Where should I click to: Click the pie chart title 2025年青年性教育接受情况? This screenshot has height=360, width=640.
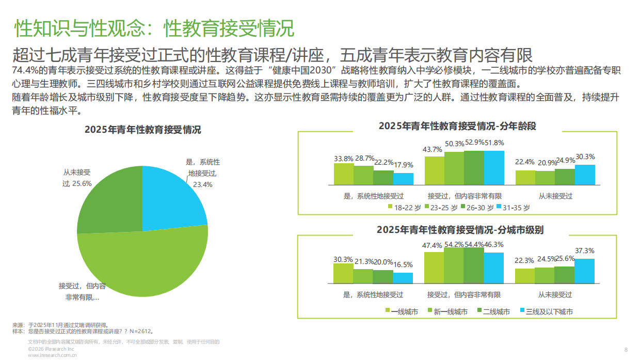[143, 130]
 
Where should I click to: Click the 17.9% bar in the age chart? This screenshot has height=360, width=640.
[403, 179]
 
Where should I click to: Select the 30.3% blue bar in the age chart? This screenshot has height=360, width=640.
[585, 175]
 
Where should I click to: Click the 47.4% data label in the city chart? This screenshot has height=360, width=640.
[434, 245]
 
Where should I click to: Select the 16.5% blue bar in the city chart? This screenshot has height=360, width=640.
[403, 278]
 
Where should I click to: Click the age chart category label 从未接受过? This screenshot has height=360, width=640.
[555, 196]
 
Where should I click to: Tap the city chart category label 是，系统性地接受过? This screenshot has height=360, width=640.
[373, 295]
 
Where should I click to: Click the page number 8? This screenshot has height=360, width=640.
[626, 350]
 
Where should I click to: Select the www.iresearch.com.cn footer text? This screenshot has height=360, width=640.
[52, 355]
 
